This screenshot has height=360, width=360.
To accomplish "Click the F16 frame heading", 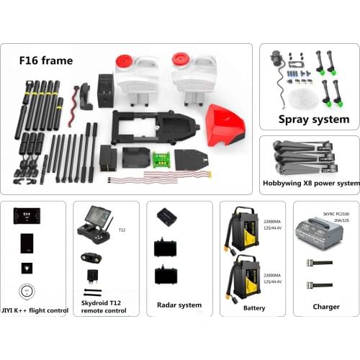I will [46, 61].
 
